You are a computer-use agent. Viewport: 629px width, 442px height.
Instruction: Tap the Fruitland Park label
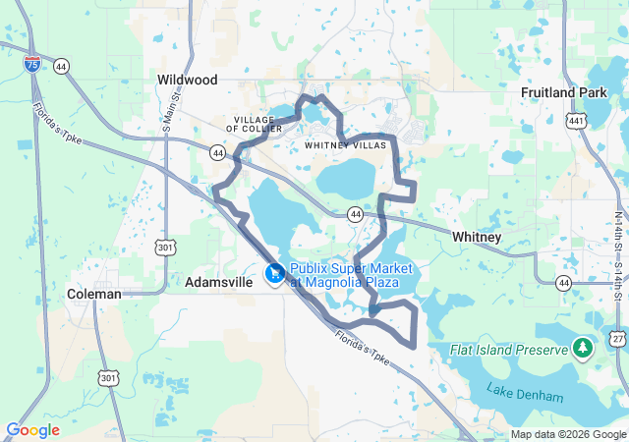click(x=559, y=92)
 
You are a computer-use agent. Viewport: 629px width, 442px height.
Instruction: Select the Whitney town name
click(x=477, y=238)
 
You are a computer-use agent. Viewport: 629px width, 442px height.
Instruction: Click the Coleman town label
click(x=94, y=294)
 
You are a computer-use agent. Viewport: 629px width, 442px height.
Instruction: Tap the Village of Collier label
click(x=256, y=124)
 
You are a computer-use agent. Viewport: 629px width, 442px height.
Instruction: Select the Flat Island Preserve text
click(x=508, y=350)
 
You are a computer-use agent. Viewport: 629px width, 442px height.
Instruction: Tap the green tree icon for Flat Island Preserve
click(x=584, y=348)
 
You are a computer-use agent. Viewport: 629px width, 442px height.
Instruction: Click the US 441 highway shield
click(x=577, y=121)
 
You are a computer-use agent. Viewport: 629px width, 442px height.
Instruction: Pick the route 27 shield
click(x=618, y=338)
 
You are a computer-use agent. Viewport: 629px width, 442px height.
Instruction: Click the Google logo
click(x=32, y=430)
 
